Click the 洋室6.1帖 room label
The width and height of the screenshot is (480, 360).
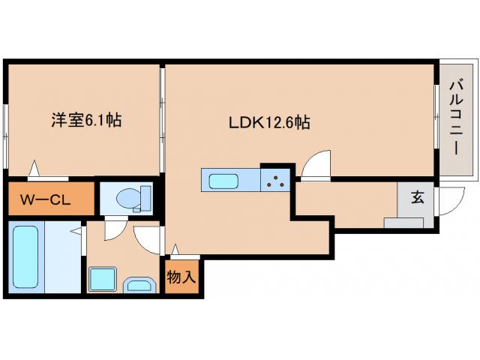(x=86, y=119)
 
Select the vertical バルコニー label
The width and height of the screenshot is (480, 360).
(x=455, y=119)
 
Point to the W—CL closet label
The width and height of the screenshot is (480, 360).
(x=49, y=200)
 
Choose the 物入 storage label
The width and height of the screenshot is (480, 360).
(x=181, y=277)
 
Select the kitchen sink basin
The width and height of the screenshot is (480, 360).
(x=223, y=181)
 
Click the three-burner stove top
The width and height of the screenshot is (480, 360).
(x=276, y=180)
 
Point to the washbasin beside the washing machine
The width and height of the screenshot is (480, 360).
(x=139, y=284)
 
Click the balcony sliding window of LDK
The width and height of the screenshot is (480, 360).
(x=436, y=120)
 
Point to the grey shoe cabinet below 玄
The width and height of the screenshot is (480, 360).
(x=403, y=222)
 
